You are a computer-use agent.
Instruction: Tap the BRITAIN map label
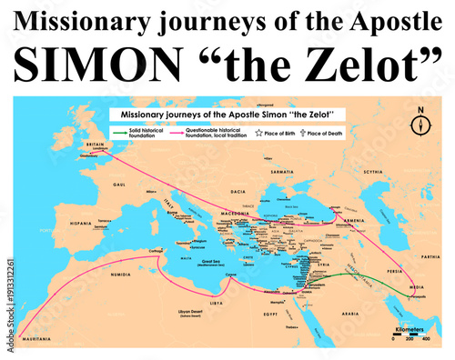(x=93, y=144)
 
